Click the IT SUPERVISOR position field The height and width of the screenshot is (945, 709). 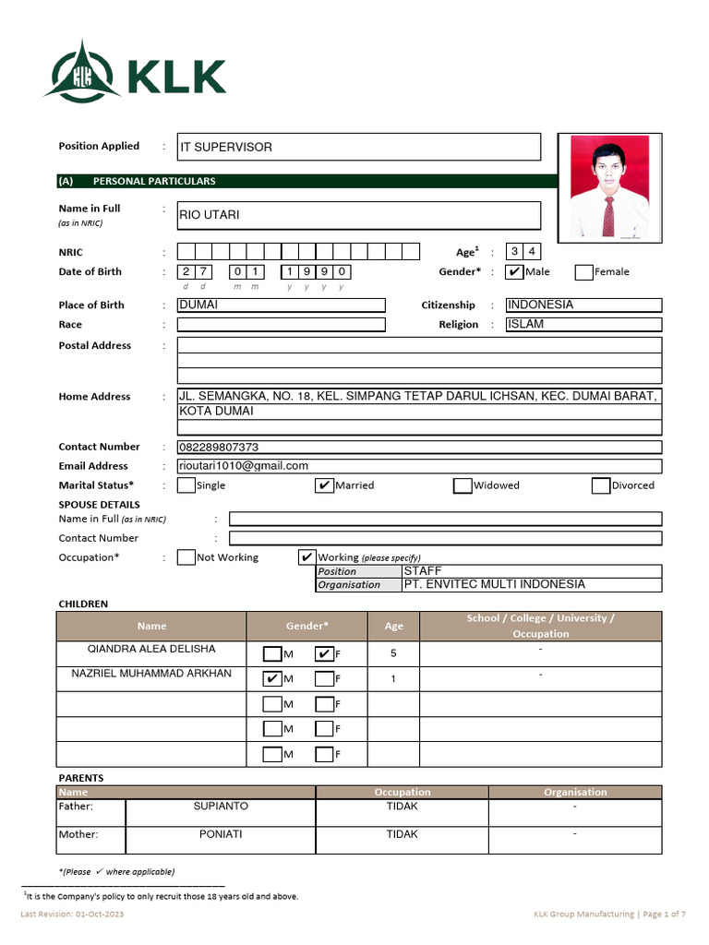coord(358,147)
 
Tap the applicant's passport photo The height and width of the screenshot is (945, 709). coord(608,188)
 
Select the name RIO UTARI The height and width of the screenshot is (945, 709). coord(210,215)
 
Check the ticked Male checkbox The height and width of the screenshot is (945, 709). coord(515,271)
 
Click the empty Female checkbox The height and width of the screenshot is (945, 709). coord(583,271)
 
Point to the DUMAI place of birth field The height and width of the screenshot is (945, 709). coord(281,305)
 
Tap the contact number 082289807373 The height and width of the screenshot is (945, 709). coord(219,448)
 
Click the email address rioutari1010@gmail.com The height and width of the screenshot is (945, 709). coord(244,466)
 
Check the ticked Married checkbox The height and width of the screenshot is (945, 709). coord(324,485)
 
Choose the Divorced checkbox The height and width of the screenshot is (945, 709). coord(601,485)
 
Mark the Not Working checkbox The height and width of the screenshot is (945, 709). coord(186,557)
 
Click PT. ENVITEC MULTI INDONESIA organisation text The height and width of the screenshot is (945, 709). coord(495,584)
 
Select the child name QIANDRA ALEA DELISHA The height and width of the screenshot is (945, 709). coord(150,649)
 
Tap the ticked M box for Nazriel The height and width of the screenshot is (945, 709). coord(272,679)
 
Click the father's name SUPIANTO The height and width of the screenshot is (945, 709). coord(221,806)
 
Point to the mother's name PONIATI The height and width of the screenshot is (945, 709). coord(221,834)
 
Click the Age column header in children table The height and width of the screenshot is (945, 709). coord(393,626)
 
